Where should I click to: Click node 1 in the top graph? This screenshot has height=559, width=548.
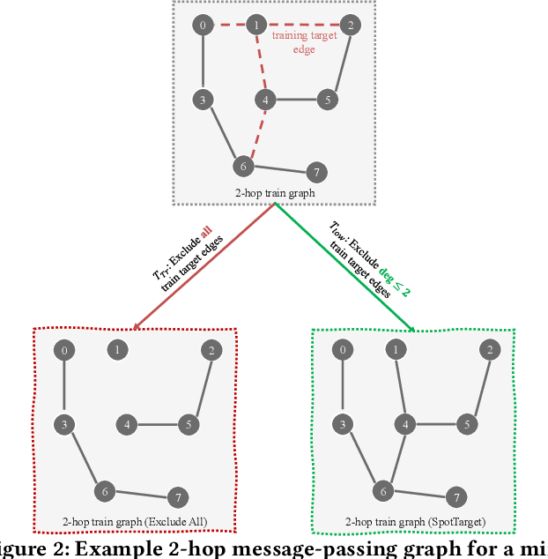click(256, 25)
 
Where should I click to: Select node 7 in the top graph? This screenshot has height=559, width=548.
click(315, 172)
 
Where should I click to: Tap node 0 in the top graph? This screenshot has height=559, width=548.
click(203, 25)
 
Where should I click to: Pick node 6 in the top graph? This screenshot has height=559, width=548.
click(242, 165)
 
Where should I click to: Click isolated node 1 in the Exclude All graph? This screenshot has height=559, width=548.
click(117, 350)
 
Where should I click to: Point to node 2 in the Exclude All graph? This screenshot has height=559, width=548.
click(211, 350)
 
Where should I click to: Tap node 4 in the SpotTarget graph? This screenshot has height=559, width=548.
click(405, 424)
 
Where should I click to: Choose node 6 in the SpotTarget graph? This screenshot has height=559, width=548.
click(382, 490)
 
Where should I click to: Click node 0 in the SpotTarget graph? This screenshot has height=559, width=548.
click(343, 350)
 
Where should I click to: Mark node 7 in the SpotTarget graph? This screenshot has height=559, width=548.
click(455, 497)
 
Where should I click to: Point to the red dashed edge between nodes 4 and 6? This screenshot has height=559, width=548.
click(253, 134)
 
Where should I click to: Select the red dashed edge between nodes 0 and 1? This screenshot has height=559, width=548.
click(229, 25)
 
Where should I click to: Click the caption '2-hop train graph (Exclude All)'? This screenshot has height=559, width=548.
click(136, 522)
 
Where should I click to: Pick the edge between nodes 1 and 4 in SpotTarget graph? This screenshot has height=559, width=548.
click(402, 387)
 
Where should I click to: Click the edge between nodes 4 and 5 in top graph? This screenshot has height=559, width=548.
click(296, 100)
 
